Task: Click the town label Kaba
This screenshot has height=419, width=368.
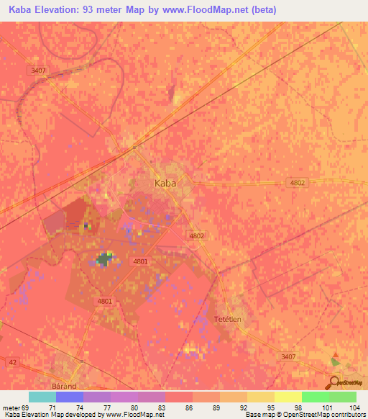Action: (x=165, y=183)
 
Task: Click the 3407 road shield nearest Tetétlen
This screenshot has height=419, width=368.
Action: (x=288, y=356)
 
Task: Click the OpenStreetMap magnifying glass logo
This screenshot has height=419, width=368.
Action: (x=333, y=382)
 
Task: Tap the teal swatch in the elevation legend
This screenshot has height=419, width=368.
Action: (x=42, y=397)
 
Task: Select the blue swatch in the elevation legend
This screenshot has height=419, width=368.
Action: (x=70, y=397)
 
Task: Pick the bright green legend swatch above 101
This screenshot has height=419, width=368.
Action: (x=315, y=397)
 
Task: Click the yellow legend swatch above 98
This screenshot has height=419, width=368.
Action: (x=287, y=397)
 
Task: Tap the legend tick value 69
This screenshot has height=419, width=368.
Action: (x=26, y=407)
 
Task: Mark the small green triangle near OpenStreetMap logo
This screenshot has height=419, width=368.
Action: (x=333, y=361)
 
